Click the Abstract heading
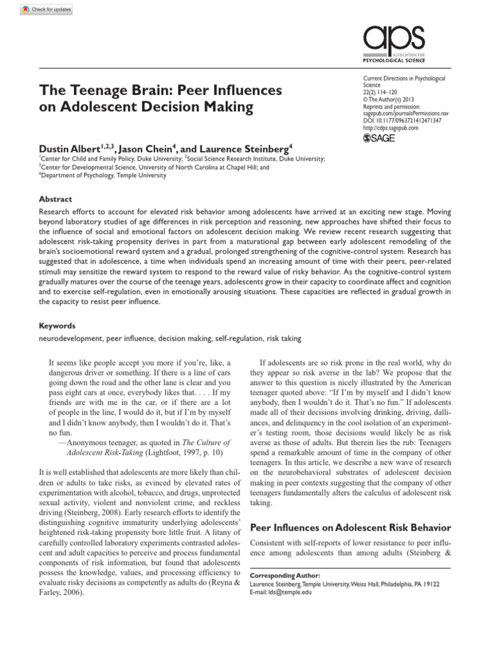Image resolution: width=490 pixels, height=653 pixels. [56, 198]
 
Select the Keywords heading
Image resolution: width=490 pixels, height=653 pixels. [57, 325]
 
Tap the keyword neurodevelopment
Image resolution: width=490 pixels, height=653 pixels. [71, 338]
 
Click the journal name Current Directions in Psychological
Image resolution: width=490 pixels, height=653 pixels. [403, 78]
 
